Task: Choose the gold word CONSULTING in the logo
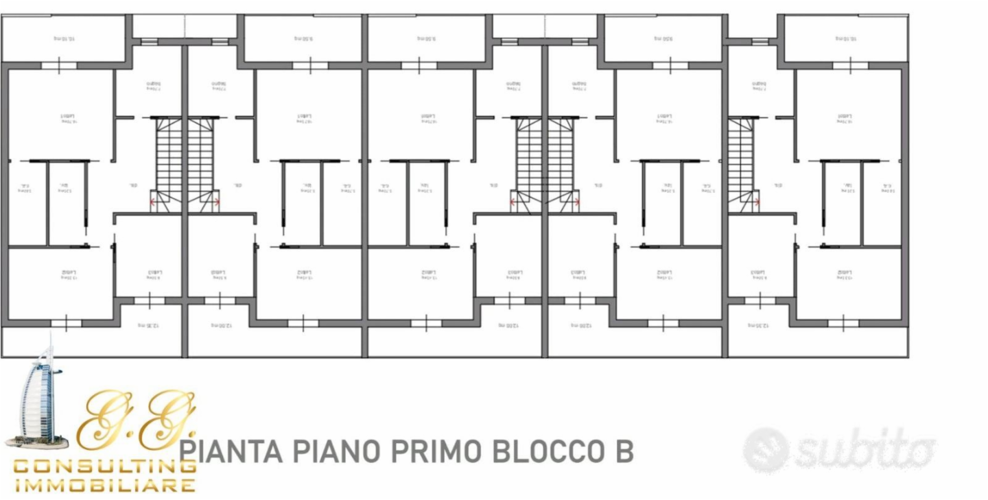pos(104,466)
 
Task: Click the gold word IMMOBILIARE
pos(104,486)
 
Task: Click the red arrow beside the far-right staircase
pos(757,202)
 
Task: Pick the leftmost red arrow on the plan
pos(153,202)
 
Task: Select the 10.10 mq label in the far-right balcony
pos(846,38)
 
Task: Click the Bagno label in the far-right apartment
pos(760,85)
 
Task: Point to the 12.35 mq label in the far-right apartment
pos(758,325)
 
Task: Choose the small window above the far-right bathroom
pos(760,41)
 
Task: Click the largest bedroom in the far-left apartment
pos(62,117)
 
